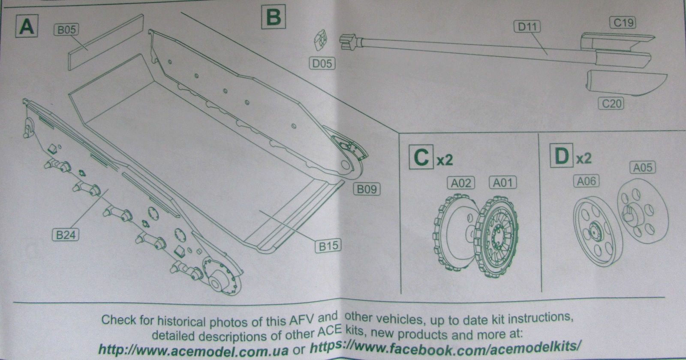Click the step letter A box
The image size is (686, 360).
pyautogui.click(x=27, y=26)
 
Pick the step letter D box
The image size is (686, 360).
pyautogui.click(x=562, y=156)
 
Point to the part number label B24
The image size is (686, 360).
pyautogui.click(x=66, y=235)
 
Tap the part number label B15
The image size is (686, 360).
pyautogui.click(x=328, y=246)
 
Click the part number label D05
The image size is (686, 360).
pyautogui.click(x=322, y=63)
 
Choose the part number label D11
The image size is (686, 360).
pyautogui.click(x=527, y=27)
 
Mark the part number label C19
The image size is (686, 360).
pyautogui.click(x=623, y=23)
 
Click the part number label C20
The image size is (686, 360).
pyautogui.click(x=611, y=103)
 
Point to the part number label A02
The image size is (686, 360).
pyautogui.click(x=461, y=183)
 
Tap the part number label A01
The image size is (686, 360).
pyautogui.click(x=502, y=183)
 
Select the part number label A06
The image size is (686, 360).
pyautogui.click(x=586, y=181)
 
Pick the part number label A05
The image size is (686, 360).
pyautogui.click(x=642, y=167)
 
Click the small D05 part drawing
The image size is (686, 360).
pyautogui.click(x=321, y=40)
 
